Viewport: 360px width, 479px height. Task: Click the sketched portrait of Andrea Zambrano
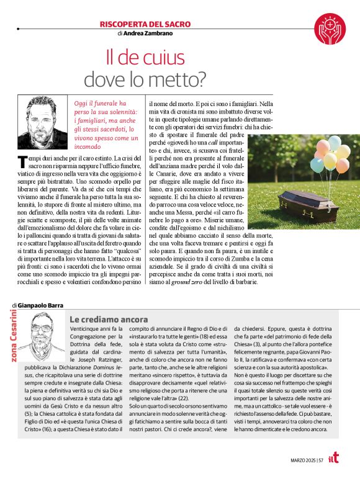coord(47,118)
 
